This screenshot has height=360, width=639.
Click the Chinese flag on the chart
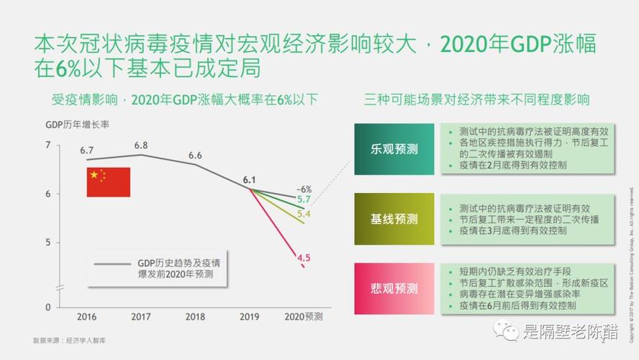pyautogui.click(x=109, y=182)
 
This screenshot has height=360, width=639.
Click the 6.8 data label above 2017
pyautogui.click(x=141, y=145)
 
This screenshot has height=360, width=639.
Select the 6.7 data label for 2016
pyautogui.click(x=87, y=150)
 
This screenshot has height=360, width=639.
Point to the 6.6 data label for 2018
pyautogui.click(x=195, y=156)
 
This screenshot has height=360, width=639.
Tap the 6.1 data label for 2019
pyautogui.click(x=250, y=179)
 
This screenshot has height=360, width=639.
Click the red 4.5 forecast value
pyautogui.click(x=304, y=257)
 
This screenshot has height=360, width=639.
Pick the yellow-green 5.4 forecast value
pyautogui.click(x=304, y=214)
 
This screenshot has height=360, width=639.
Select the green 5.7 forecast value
pyautogui.click(x=304, y=199)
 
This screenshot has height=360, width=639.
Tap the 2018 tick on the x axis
pyautogui.click(x=195, y=317)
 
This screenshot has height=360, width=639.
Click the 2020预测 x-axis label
pyautogui.click(x=303, y=317)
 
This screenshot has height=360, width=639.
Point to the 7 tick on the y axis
pyautogui.click(x=48, y=146)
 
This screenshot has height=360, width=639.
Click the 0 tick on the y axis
pyautogui.click(x=48, y=307)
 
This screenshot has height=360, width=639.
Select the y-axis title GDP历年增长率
pyautogui.click(x=77, y=124)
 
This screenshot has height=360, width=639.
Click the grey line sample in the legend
pyautogui.click(x=112, y=264)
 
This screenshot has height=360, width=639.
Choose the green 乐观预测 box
pyautogui.click(x=394, y=149)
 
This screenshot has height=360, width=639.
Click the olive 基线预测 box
pyautogui.click(x=394, y=219)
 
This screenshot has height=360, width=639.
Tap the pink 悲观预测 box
pyautogui.click(x=394, y=288)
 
